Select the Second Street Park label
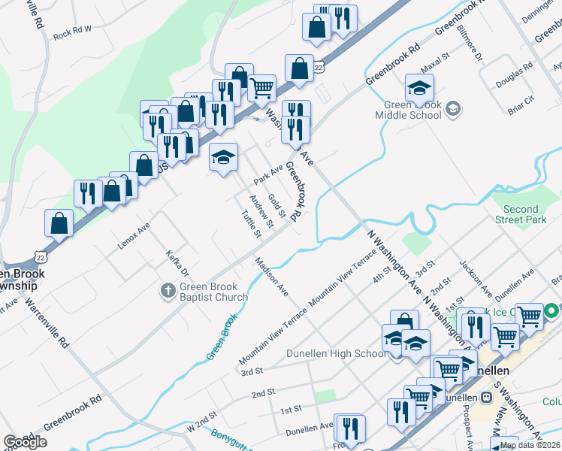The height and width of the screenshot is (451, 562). [x=521, y=214]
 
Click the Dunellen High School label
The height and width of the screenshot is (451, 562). [x=337, y=353]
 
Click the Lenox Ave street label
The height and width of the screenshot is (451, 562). [x=134, y=235]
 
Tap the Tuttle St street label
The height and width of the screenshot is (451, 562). [x=251, y=224]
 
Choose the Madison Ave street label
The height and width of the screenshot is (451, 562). [x=272, y=276]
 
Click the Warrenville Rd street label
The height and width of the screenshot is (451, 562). [x=47, y=324]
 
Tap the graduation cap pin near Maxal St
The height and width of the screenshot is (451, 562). [x=419, y=88]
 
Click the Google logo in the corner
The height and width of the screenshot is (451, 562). [x=25, y=442]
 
